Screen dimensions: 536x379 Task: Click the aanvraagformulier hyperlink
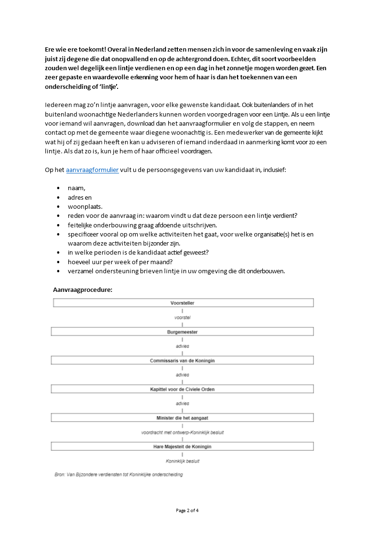click(x=92, y=170)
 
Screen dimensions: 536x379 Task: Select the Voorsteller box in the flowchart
click(x=182, y=303)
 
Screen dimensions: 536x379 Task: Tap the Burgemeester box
click(x=182, y=332)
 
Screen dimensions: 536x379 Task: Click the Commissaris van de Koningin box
click(x=182, y=360)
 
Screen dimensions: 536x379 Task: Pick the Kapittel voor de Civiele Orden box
click(x=182, y=389)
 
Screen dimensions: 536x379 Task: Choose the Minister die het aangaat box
click(x=182, y=418)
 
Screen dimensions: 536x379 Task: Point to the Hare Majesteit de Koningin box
click(x=182, y=447)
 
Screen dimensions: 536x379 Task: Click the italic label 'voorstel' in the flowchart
click(x=182, y=317)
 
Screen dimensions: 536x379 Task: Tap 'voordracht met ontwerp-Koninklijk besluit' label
click(x=182, y=432)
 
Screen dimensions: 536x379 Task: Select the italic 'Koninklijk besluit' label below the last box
click(x=182, y=461)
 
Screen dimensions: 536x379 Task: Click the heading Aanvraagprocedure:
click(x=83, y=289)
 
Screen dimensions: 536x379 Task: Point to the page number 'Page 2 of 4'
click(x=187, y=510)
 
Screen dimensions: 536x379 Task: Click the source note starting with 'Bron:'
click(x=119, y=474)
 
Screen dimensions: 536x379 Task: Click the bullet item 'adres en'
click(x=80, y=197)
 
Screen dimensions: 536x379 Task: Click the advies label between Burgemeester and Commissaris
click(x=182, y=346)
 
